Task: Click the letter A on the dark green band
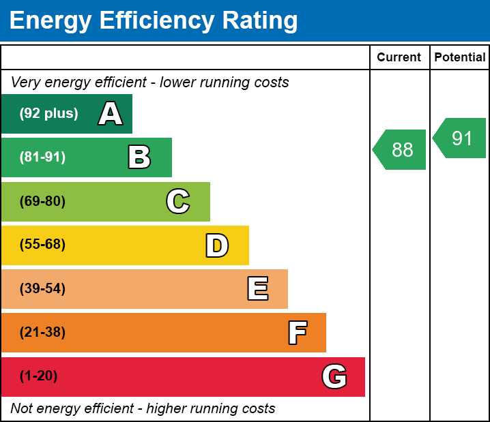pos(111,114)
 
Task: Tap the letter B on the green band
pos(139,157)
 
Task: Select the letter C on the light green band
pos(178,201)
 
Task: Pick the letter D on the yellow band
pos(217,245)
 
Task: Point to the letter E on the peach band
pos(257,289)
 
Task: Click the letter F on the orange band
pos(297,333)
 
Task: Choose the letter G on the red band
pos(334,376)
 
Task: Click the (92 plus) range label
pos(48,114)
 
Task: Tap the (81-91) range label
pos(42,157)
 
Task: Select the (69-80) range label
pos(42,201)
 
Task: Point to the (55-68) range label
pos(42,245)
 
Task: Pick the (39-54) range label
pos(42,289)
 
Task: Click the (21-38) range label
pos(42,333)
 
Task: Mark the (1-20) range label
pos(38,376)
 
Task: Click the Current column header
pos(399,58)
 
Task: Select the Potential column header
pos(460,58)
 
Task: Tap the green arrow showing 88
pos(401,149)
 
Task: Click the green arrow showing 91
pos(461,138)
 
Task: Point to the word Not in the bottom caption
pos(22,409)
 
